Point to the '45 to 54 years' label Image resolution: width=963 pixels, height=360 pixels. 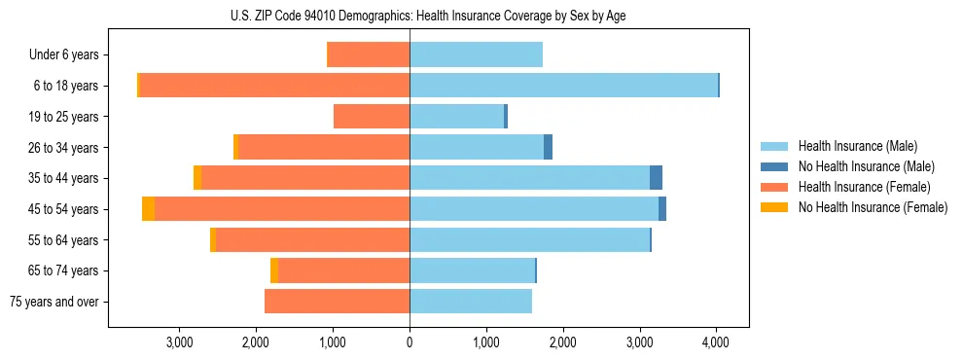64,209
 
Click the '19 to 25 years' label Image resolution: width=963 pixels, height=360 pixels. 64,117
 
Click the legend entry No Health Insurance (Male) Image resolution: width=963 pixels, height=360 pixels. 866,166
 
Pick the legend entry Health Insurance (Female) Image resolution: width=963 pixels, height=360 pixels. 864,187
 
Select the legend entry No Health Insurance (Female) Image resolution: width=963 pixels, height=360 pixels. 873,207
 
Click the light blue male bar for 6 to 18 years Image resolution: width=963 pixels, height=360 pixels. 563,86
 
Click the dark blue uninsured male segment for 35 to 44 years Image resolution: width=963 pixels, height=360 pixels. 657,178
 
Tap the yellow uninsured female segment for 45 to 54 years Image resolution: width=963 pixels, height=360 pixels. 148,209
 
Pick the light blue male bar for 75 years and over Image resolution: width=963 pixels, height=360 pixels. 471,302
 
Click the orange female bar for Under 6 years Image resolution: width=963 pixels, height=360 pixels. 369,55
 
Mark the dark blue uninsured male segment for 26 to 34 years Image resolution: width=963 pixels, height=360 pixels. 548,147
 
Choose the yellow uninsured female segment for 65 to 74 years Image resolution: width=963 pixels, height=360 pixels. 274,270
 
